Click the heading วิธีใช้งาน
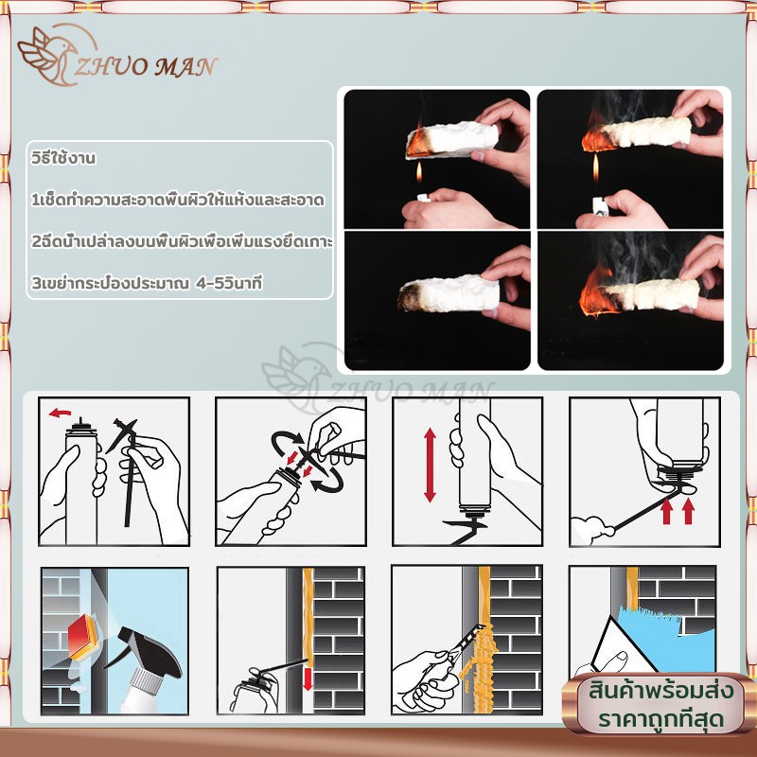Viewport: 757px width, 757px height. pyautogui.click(x=63, y=158)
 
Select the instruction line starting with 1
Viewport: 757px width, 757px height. pyautogui.click(x=178, y=200)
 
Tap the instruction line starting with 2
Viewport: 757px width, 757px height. pyautogui.click(x=182, y=241)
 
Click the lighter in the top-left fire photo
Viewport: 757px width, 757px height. pyautogui.click(x=423, y=198)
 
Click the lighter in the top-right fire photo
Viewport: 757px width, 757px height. pyautogui.click(x=601, y=205)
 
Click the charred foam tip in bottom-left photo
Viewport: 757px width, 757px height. pyautogui.click(x=411, y=297)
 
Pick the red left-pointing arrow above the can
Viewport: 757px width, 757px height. pyautogui.click(x=60, y=414)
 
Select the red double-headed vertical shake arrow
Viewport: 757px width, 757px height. pyautogui.click(x=430, y=466)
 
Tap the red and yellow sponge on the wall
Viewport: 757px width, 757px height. pyautogui.click(x=84, y=636)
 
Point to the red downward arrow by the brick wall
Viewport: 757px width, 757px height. pyautogui.click(x=308, y=678)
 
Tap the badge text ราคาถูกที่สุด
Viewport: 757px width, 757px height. pyautogui.click(x=660, y=719)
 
